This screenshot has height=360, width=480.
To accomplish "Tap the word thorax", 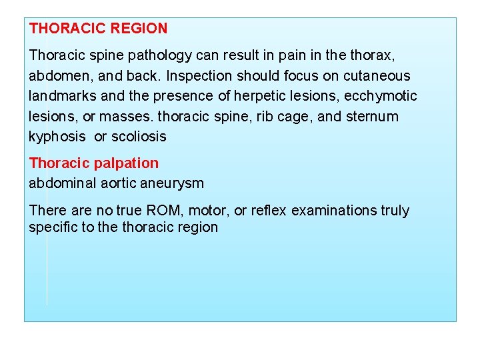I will pyautogui.click(x=379, y=55).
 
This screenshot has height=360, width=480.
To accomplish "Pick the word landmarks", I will pyautogui.click(x=61, y=96).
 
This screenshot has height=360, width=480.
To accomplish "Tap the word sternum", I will pyautogui.click(x=372, y=117).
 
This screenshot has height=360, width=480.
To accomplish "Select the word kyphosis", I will pyautogui.click(x=57, y=137).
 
